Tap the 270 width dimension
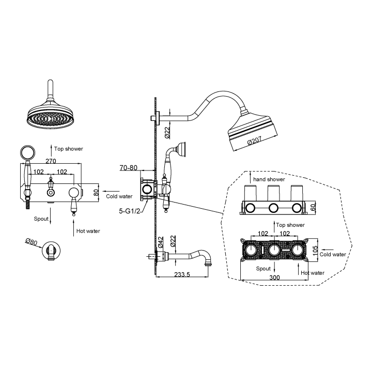click(50, 161)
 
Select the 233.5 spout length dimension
click(182, 274)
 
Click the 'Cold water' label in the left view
click(119, 196)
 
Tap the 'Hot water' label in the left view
click(88, 231)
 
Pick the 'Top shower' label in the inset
click(290, 225)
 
